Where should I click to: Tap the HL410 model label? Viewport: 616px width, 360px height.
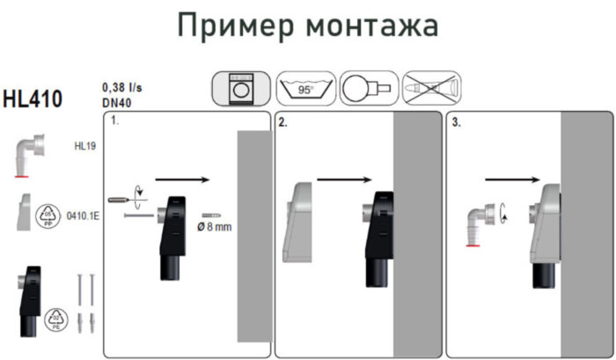[33, 99]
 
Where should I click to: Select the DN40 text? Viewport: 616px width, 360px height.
[117, 102]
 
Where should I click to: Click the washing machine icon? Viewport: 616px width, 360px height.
[240, 89]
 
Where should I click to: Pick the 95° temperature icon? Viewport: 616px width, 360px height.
[304, 89]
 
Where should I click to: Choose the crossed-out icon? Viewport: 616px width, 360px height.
[431, 89]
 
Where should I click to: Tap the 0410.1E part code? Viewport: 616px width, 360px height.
[83, 215]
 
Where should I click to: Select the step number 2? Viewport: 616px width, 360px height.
[282, 123]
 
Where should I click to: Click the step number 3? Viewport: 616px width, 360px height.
[455, 123]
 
